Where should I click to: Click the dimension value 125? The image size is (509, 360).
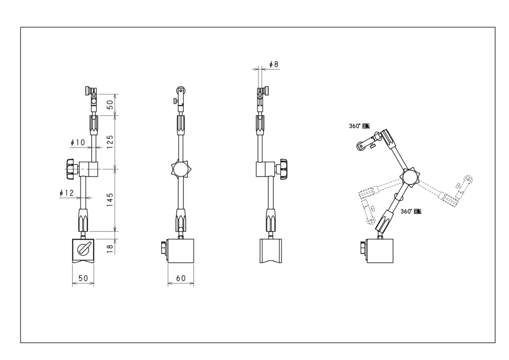pyautogui.click(x=111, y=142)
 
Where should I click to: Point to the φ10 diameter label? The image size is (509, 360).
pyautogui.click(x=79, y=143)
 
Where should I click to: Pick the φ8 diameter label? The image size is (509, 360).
pyautogui.click(x=274, y=65)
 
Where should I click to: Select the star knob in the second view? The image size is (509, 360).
pyautogui.click(x=180, y=170)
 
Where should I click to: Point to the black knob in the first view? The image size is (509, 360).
pyautogui.click(x=69, y=169)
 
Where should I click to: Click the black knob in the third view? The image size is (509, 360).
pyautogui.click(x=284, y=169)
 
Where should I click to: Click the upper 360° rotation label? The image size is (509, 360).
pyautogui.click(x=359, y=126)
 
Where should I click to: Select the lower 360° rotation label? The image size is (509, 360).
pyautogui.click(x=411, y=211)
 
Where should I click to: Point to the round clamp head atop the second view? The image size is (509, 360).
pyautogui.click(x=181, y=91)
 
